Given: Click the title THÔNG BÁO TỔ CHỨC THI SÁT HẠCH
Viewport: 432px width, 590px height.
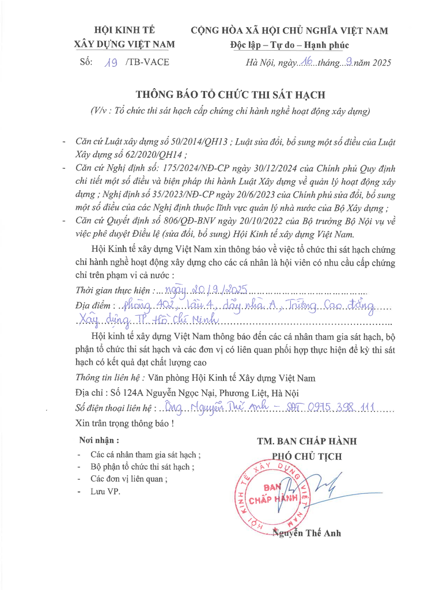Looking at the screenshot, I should coord(230,94).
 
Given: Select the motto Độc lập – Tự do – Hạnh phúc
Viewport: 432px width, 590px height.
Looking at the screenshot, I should coord(289,46).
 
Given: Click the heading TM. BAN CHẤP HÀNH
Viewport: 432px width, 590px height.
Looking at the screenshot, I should coord(307,441).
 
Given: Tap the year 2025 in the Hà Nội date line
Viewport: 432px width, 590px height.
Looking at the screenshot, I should coord(378,63).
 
